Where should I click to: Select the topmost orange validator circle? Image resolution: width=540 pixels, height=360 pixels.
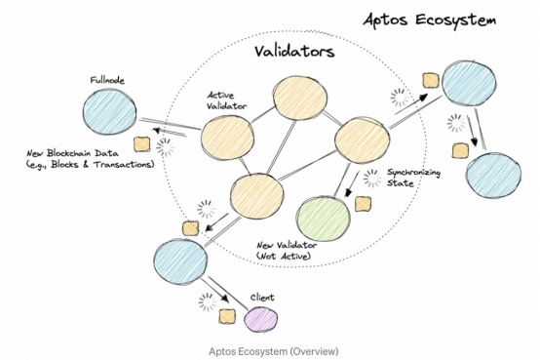pos(298,100)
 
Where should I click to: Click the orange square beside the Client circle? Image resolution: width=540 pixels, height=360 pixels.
pos(227,315)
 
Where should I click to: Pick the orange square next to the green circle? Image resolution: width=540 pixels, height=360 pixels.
pos(363,203)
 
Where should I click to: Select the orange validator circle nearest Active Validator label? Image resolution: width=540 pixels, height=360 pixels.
pos(229,140)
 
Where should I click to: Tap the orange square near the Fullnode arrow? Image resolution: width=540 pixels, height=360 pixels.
pos(142,145)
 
